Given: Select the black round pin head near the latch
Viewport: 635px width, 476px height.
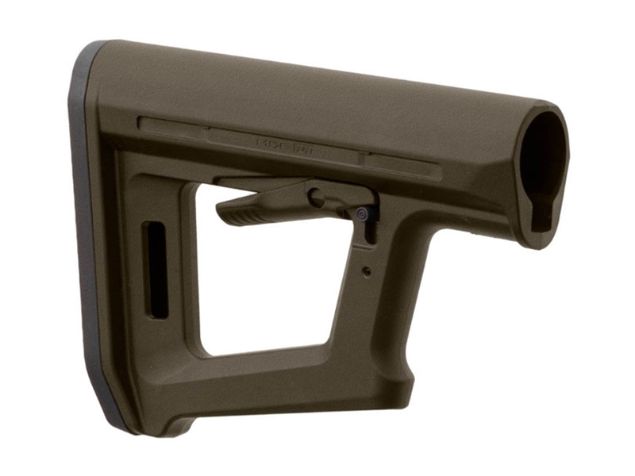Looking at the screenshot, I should (363, 213).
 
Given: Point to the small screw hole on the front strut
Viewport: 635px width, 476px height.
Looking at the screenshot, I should (366, 271).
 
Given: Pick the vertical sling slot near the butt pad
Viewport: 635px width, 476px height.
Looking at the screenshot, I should (156, 270).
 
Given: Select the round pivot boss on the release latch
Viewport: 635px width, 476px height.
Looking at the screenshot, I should (316, 196).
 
